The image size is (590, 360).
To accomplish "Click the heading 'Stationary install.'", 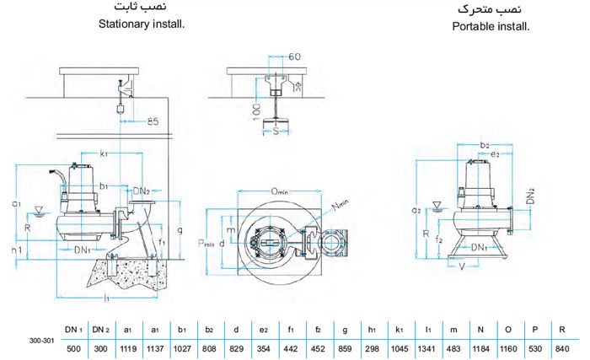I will (x=141, y=23).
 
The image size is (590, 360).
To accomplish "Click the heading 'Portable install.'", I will (x=490, y=26).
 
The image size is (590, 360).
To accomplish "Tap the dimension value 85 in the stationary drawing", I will (x=153, y=122).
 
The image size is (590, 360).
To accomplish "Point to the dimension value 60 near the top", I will (x=294, y=57).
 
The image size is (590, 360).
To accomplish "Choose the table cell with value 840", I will (x=562, y=347).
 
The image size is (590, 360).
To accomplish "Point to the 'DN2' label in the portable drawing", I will (x=529, y=196).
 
